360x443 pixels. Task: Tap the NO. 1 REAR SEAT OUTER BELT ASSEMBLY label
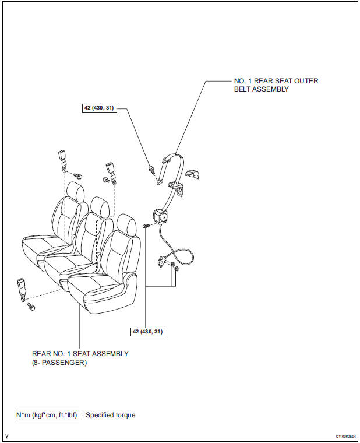point(273,85)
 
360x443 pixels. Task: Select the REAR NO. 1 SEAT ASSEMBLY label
point(80,358)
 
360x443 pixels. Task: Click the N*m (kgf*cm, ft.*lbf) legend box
point(48,415)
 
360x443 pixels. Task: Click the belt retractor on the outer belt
point(160,216)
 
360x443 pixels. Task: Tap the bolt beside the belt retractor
point(146,225)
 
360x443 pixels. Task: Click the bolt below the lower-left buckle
point(30,305)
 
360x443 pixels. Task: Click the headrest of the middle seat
point(99,206)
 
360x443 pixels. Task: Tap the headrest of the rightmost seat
point(125,224)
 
